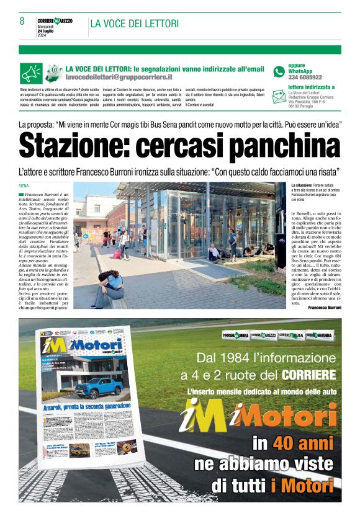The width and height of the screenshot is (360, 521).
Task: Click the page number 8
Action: pyautogui.click(x=22, y=21)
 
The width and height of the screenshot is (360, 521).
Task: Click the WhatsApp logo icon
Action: pyautogui.click(x=279, y=71)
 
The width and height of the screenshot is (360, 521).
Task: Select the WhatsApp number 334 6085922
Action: pyautogui.click(x=305, y=78)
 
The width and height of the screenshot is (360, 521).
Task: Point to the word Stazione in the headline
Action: pyautogui.click(x=73, y=146)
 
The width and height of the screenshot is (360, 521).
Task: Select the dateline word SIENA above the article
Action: pyautogui.click(x=24, y=185)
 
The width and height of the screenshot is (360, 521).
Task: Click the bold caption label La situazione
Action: pyautogui.click(x=302, y=185)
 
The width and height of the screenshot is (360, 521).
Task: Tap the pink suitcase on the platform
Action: pyautogui.click(x=116, y=254)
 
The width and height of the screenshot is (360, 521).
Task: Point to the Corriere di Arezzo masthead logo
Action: pyautogui.click(x=54, y=21)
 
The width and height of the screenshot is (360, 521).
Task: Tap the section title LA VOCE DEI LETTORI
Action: pyautogui.click(x=134, y=24)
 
